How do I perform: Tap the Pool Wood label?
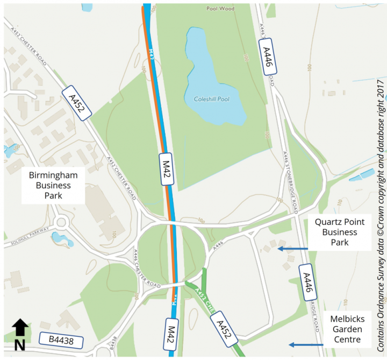220,9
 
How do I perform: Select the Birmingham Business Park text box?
54,186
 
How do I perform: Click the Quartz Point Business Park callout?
340,232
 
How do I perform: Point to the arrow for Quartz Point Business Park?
293,249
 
